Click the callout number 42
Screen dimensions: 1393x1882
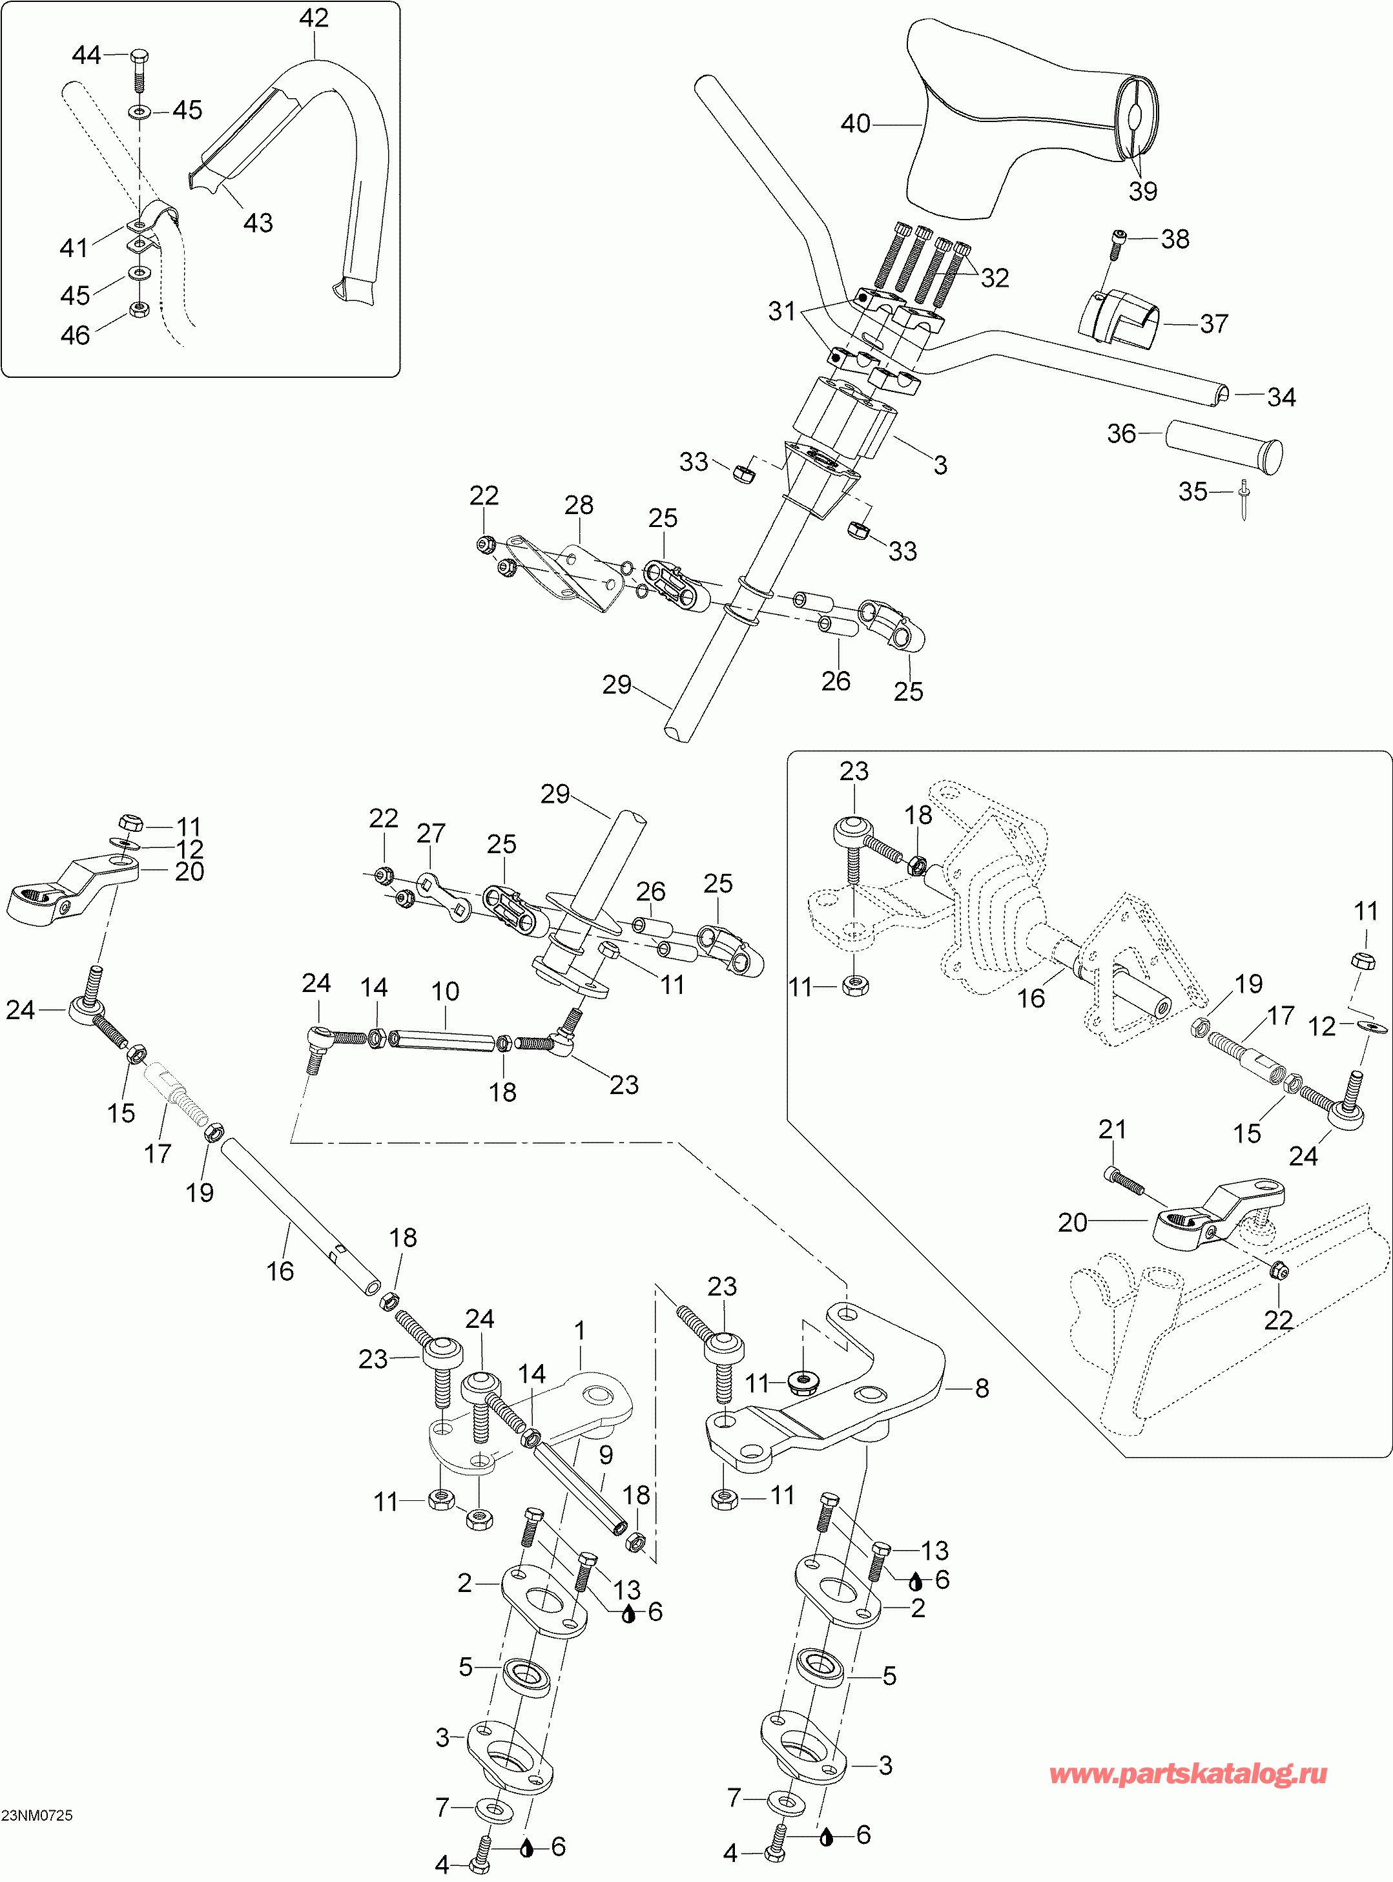[314, 17]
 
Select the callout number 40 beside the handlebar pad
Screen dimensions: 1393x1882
[855, 124]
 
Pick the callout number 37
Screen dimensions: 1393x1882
[1213, 323]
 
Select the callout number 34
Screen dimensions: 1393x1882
[1282, 397]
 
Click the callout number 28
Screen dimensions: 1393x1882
[579, 505]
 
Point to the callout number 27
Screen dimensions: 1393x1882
[430, 833]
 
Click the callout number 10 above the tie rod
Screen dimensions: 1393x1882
[445, 991]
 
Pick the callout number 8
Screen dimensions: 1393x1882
[982, 1389]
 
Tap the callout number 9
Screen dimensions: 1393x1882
[605, 1454]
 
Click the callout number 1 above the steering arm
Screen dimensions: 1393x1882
[580, 1330]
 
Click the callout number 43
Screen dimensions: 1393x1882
[258, 223]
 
